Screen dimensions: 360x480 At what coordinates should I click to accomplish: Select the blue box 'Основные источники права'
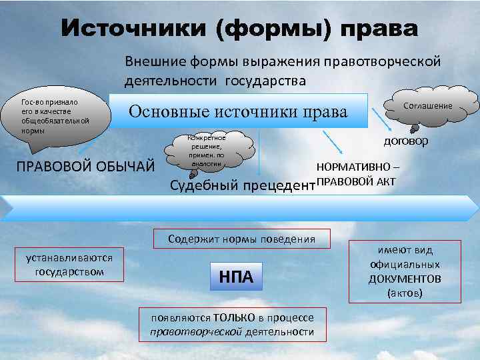pyautogui.click(x=239, y=111)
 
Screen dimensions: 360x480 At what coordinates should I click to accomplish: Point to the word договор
pyautogui.click(x=405, y=141)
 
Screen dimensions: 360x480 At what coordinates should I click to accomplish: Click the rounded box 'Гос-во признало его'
pyautogui.click(x=57, y=116)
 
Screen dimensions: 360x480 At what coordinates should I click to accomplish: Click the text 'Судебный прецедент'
pyautogui.click(x=241, y=185)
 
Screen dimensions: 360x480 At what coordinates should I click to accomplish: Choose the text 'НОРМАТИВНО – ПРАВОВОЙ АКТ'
pyautogui.click(x=358, y=173)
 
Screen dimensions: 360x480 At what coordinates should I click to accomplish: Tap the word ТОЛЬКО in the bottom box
pyautogui.click(x=231, y=319)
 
